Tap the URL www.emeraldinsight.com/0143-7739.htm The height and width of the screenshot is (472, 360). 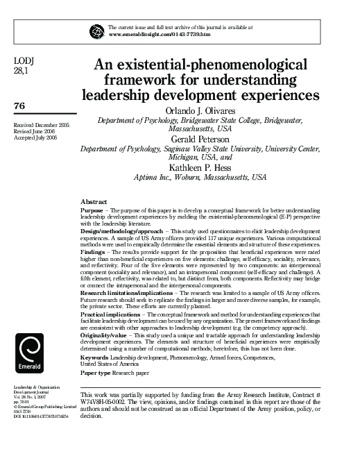[158, 33]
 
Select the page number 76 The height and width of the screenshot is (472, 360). [19, 106]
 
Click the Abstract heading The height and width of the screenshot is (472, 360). [94, 200]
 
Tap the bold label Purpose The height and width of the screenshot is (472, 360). [93, 209]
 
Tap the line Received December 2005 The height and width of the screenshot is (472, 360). [41, 124]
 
